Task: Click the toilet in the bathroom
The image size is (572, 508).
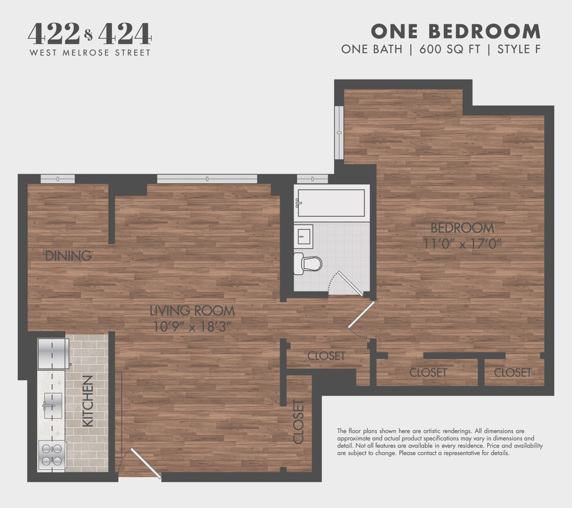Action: pyautogui.click(x=308, y=263)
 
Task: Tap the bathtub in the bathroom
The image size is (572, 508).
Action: pyautogui.click(x=331, y=203)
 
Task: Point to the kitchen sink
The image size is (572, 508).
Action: pyautogui.click(x=53, y=406)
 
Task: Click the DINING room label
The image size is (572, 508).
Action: pyautogui.click(x=68, y=256)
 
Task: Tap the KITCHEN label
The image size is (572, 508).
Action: pyautogui.click(x=88, y=401)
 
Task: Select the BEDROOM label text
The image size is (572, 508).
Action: pyautogui.click(x=462, y=228)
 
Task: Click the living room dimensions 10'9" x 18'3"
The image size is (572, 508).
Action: pyautogui.click(x=192, y=327)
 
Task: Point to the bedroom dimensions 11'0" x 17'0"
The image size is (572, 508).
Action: pyautogui.click(x=462, y=244)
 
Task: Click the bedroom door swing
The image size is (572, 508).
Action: pyautogui.click(x=361, y=315)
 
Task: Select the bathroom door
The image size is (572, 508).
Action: pyautogui.click(x=351, y=283)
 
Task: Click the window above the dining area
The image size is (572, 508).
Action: pyautogui.click(x=57, y=179)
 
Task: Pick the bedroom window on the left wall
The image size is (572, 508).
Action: pyautogui.click(x=339, y=133)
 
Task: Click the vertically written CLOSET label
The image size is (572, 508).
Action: pyautogui.click(x=299, y=422)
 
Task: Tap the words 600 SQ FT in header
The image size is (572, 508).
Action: pyautogui.click(x=450, y=49)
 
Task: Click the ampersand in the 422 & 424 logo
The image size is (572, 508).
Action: pyautogui.click(x=88, y=35)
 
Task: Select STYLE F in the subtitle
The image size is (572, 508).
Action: pyautogui.click(x=519, y=49)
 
